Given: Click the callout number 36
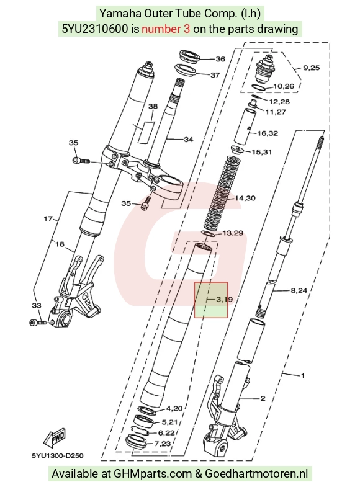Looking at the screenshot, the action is (x=220, y=59).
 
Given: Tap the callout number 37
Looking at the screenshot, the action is (x=215, y=75).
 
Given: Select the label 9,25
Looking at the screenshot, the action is (x=311, y=68).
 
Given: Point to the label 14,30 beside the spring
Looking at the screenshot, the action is (x=245, y=198).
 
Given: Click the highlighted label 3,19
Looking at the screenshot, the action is (x=224, y=300).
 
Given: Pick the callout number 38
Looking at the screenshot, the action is (x=153, y=107).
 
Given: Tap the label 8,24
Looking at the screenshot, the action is (x=299, y=290).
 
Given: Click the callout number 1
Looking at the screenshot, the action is (x=303, y=376).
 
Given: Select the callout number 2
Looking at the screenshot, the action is (x=263, y=398).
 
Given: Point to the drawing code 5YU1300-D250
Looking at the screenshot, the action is (x=58, y=456).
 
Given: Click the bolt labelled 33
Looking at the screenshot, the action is (x=38, y=323).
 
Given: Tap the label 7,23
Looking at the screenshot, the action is (x=163, y=444).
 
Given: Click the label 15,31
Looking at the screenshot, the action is (x=261, y=152).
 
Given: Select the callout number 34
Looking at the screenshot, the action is (x=189, y=140).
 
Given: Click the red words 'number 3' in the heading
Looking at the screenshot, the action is (x=166, y=29).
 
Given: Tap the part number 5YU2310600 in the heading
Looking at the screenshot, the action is (x=95, y=29).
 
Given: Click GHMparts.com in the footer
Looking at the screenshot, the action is (x=153, y=474).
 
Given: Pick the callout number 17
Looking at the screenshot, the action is (x=48, y=218).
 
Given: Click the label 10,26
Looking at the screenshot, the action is (x=284, y=86).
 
